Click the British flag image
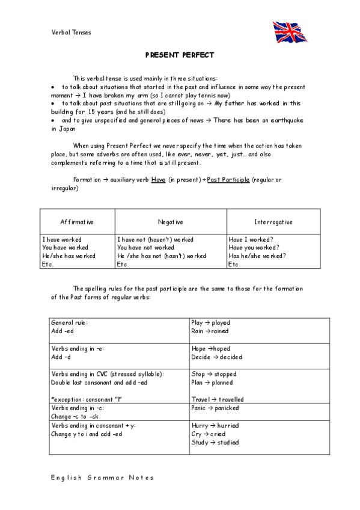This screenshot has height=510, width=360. coord(290,32)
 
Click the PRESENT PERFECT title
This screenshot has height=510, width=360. coord(180,55)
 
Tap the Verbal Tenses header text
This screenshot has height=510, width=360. coord(72,32)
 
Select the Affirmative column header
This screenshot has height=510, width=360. coord(77,222)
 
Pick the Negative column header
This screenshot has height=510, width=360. coord(171,222)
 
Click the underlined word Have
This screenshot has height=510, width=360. coord(158,180)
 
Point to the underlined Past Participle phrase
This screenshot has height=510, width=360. coord(228,180)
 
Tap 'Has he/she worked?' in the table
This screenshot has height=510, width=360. coord(257,256)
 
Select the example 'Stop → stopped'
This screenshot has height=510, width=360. coord(212,374)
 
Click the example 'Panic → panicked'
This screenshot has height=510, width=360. coord(215,408)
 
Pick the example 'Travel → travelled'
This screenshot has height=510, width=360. coord(218,399)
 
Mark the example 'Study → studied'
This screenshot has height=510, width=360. coord(215,443)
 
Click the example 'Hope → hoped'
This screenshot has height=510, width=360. coord(210,348)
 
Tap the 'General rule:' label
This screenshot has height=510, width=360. coord(70,322)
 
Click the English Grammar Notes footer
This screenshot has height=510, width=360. coord(102,478)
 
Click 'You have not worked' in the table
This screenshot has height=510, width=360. coord(145,247)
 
